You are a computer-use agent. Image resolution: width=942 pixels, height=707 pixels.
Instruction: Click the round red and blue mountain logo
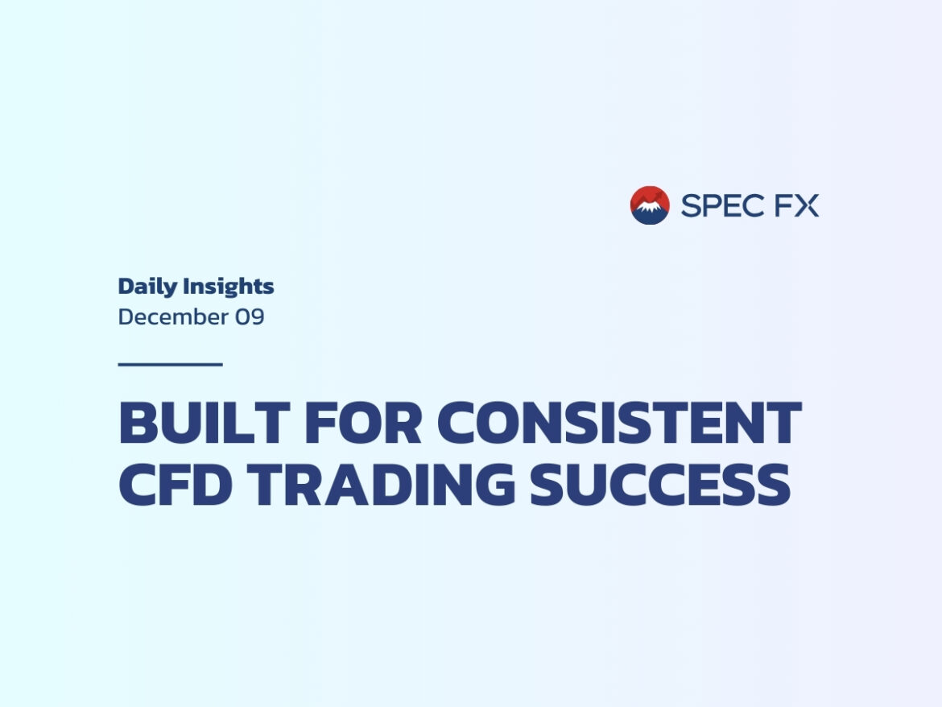pyautogui.click(x=650, y=205)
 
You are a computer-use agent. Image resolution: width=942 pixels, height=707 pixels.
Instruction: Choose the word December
pyautogui.click(x=173, y=316)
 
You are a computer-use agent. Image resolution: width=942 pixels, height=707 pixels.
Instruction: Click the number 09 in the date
pyautogui.click(x=250, y=316)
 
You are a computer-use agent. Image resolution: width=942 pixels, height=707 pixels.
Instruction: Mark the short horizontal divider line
pyautogui.click(x=170, y=364)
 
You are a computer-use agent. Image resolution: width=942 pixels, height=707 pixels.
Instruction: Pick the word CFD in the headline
pyautogui.click(x=176, y=485)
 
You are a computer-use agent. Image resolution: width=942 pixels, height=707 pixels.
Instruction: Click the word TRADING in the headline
pyautogui.click(x=380, y=485)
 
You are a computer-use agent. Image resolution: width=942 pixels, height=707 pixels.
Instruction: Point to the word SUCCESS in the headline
pyautogui.click(x=659, y=485)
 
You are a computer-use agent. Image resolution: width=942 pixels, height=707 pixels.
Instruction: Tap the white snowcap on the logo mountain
pyautogui.click(x=650, y=207)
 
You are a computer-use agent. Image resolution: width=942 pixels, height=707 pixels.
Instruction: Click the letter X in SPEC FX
pyautogui.click(x=807, y=205)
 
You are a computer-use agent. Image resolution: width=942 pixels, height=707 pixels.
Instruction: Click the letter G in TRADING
pyautogui.click(x=493, y=485)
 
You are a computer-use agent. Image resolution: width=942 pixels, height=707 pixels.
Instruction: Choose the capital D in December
pyautogui.click(x=126, y=316)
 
